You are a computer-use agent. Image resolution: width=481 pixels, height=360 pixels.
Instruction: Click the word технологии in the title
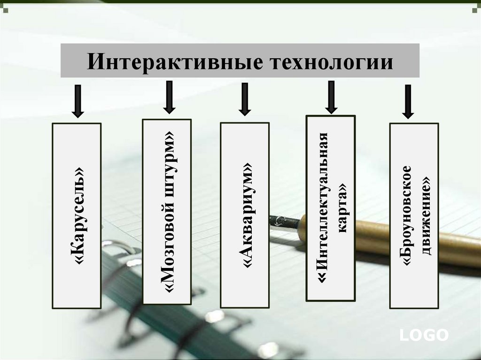coord(331,62)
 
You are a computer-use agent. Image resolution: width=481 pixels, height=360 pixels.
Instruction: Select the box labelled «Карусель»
coord(77,215)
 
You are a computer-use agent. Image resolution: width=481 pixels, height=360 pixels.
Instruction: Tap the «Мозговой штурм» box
coord(167,212)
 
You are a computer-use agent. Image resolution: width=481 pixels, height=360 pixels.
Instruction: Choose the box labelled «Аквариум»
coord(245,215)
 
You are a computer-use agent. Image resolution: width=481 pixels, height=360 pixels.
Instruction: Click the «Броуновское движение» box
coord(414,215)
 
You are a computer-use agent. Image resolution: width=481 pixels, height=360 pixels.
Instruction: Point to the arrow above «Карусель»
coord(78,101)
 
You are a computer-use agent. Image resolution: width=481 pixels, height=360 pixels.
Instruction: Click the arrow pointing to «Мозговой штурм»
coord(170,97)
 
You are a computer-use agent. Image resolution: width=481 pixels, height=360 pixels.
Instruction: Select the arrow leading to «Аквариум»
coord(244,100)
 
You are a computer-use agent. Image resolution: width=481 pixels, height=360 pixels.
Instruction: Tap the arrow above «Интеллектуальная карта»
coord(331,97)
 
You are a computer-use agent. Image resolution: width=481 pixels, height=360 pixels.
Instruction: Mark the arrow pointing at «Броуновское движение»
coord(408,101)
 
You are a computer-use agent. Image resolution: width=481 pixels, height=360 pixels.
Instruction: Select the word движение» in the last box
coord(427,216)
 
